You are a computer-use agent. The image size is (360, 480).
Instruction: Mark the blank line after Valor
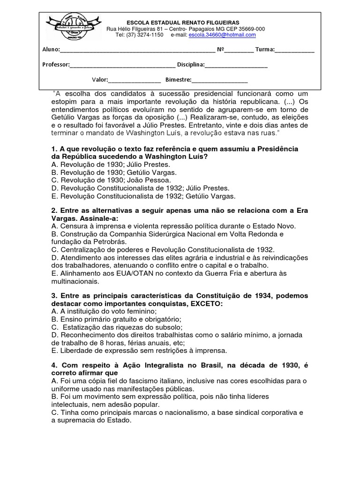[x=135, y=80]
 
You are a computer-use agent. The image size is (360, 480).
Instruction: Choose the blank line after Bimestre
[x=219, y=80]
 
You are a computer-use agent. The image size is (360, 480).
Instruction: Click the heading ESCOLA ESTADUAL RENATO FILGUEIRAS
[x=183, y=22]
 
